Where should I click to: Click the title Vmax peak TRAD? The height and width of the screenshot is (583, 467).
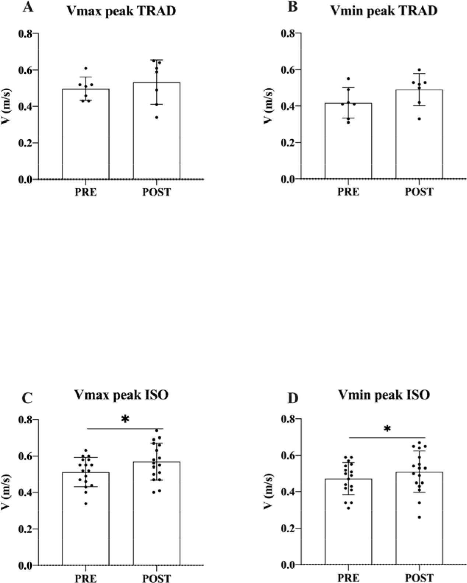121,11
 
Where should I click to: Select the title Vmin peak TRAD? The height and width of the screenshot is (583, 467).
384,10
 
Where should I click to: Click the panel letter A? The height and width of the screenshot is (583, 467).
28,8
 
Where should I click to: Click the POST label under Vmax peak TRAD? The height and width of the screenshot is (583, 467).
157,192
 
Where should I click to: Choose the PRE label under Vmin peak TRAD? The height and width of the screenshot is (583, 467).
348,192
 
